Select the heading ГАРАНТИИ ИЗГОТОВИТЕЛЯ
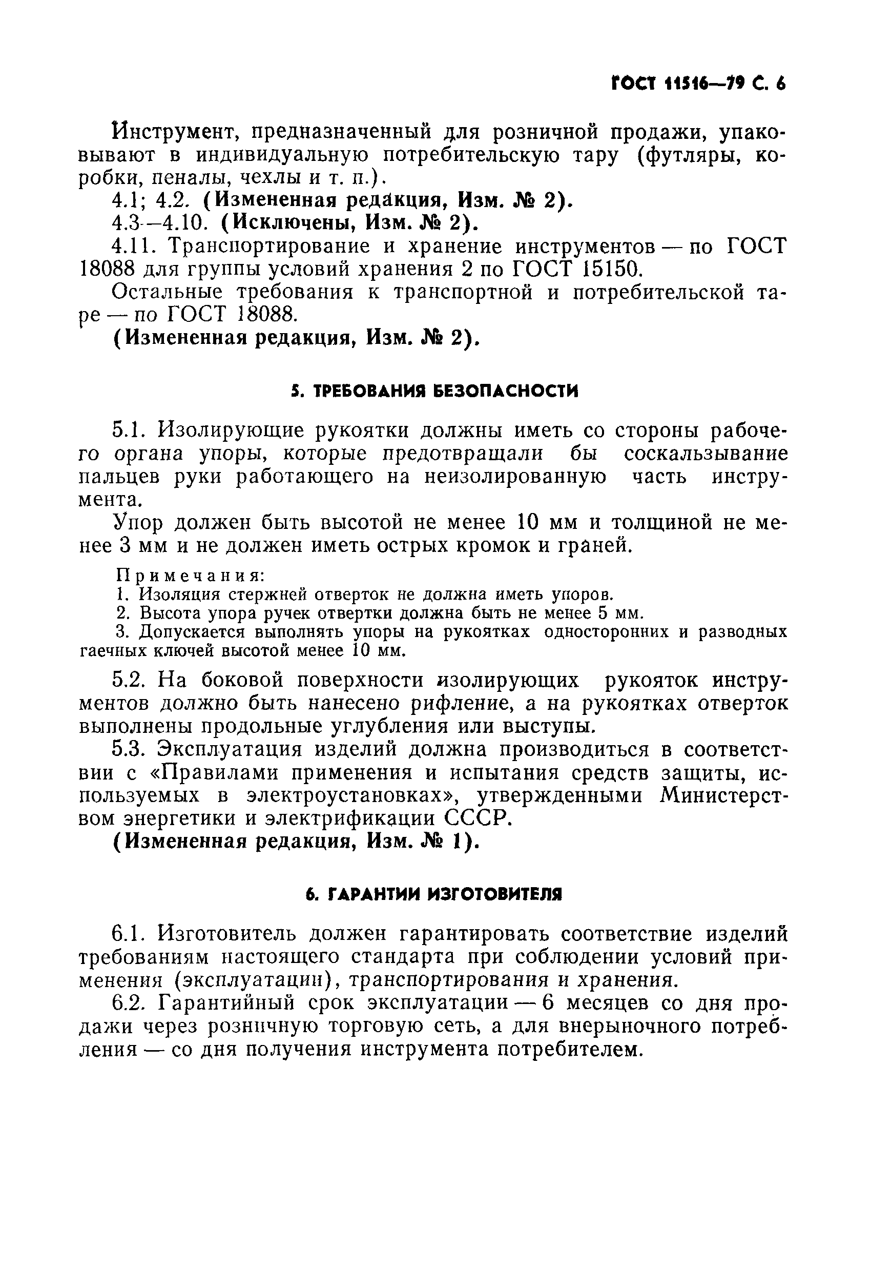(x=433, y=895)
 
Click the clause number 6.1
(x=128, y=934)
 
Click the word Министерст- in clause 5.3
(x=723, y=796)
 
